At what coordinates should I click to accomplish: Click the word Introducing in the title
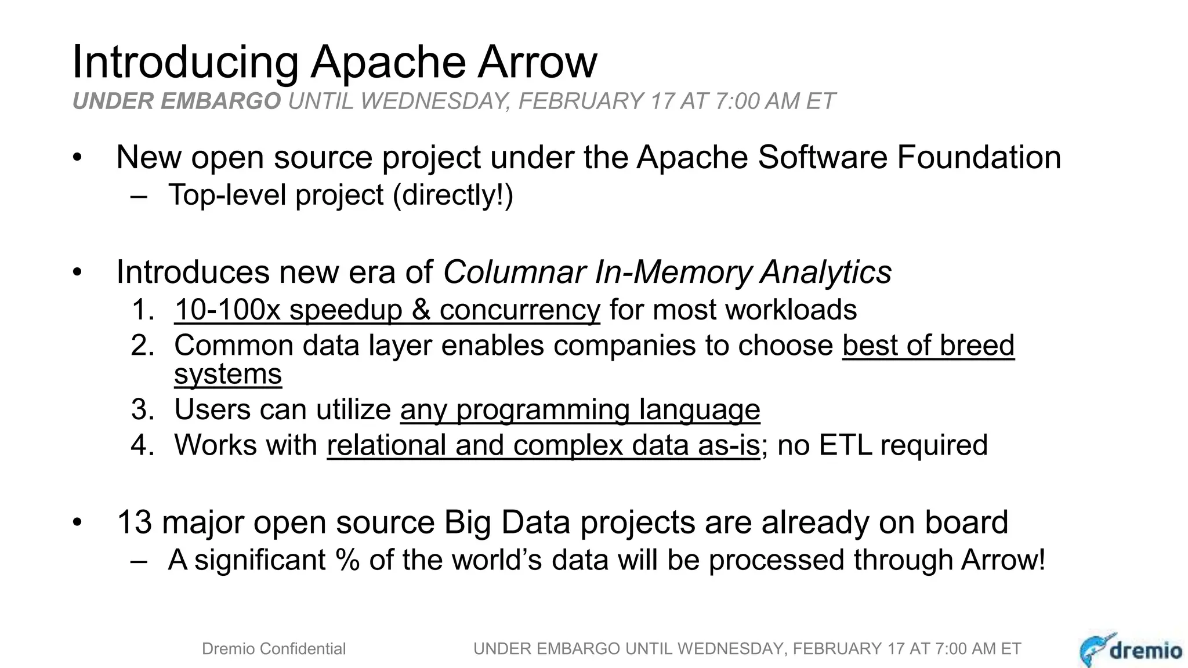click(185, 62)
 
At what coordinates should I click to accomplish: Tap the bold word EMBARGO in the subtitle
click(223, 101)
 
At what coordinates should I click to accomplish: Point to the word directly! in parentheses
click(453, 195)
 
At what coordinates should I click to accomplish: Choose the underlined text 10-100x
click(227, 310)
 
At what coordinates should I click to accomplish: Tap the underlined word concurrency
click(519, 310)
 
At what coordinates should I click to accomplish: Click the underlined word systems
click(228, 374)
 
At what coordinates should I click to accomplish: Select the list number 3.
click(142, 410)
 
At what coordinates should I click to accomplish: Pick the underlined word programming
click(543, 410)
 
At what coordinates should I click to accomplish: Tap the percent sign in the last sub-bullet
click(347, 560)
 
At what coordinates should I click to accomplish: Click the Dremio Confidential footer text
click(273, 649)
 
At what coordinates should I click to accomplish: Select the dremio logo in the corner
click(1131, 649)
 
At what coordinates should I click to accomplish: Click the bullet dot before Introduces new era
click(78, 273)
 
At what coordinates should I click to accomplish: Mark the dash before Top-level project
click(139, 196)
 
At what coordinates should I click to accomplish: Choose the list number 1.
click(142, 310)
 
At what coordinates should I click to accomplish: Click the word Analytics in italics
click(825, 272)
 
